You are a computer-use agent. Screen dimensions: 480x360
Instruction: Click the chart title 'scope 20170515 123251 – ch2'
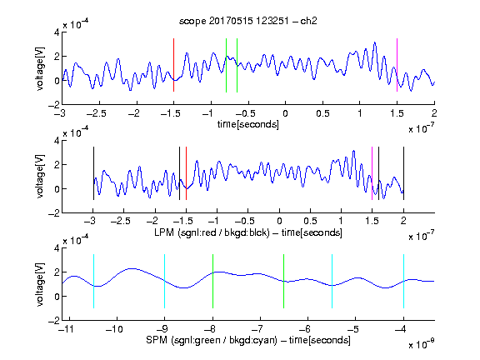tap(248, 21)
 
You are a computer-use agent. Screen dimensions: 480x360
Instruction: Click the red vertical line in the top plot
tap(173, 65)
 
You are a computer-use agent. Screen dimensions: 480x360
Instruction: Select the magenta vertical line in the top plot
tap(397, 65)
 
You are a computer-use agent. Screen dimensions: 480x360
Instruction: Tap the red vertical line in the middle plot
tap(186, 173)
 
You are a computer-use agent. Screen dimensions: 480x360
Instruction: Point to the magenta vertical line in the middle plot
tap(372, 173)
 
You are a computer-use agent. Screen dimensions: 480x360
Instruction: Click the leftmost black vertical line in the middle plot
tap(93, 173)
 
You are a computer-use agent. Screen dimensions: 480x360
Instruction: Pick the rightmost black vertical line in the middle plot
tap(403, 173)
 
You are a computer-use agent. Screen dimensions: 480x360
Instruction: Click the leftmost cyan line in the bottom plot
tap(93, 281)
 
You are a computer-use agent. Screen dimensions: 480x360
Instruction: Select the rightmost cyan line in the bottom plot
tap(403, 281)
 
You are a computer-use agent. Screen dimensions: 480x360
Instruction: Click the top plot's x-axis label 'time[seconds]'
tap(248, 124)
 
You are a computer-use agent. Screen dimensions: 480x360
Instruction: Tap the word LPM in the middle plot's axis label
tap(164, 232)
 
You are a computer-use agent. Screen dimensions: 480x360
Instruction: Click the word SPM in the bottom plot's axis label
tap(156, 340)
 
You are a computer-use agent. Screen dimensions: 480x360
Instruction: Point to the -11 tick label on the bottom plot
tap(67, 329)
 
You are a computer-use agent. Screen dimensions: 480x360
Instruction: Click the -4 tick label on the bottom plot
tap(401, 329)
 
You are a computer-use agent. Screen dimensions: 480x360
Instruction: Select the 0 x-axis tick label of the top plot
tap(285, 113)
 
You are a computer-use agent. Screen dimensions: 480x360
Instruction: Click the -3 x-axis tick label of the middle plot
tap(91, 221)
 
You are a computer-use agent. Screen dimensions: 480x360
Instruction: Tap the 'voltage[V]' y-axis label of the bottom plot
tap(40, 284)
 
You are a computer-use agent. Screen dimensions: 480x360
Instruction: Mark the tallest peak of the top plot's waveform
tap(375, 42)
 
